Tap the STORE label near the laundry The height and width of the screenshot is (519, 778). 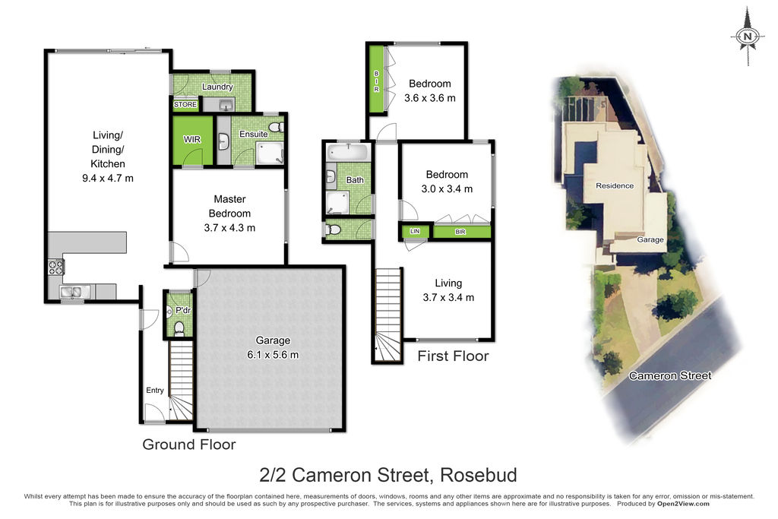pos(185,105)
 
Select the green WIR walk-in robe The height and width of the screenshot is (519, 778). pos(192,140)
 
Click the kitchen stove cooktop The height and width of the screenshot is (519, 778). pos(55,267)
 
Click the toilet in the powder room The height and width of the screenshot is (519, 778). pos(179,328)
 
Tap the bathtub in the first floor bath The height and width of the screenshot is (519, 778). pos(348,152)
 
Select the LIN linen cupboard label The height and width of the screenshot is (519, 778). pos(415,231)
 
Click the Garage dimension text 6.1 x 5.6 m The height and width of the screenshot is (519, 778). pos(273,355)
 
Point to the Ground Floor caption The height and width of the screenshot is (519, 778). pos(189,445)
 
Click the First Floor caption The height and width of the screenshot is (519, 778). pos(453,356)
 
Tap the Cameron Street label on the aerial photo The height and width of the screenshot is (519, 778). pos(670,375)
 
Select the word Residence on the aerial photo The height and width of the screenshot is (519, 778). pos(615,185)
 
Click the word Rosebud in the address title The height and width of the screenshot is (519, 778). pos(479,475)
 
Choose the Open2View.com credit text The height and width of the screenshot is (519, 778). pos(683,504)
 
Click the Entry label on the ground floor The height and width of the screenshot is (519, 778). pos(155,391)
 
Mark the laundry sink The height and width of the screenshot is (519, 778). pos(226,105)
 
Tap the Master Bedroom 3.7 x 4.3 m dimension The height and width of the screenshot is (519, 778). pos(229,228)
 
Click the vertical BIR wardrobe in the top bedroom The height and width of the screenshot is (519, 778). pos(377,78)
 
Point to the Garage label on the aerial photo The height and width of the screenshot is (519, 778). pos(650,239)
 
